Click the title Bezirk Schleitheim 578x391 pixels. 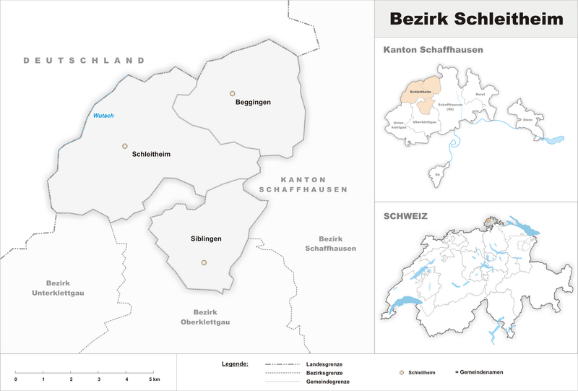click(x=476, y=20)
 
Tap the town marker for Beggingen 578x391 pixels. click(x=233, y=93)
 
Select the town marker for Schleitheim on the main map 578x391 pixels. click(x=124, y=146)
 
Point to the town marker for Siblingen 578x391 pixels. click(x=204, y=263)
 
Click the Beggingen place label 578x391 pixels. click(x=253, y=103)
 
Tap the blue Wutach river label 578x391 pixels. click(x=103, y=116)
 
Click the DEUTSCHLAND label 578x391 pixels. click(x=84, y=61)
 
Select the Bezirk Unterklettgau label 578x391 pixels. click(x=49, y=288)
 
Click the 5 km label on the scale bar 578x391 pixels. click(x=154, y=379)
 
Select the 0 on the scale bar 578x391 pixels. click(x=16, y=379)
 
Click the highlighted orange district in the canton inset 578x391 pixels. click(x=419, y=98)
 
